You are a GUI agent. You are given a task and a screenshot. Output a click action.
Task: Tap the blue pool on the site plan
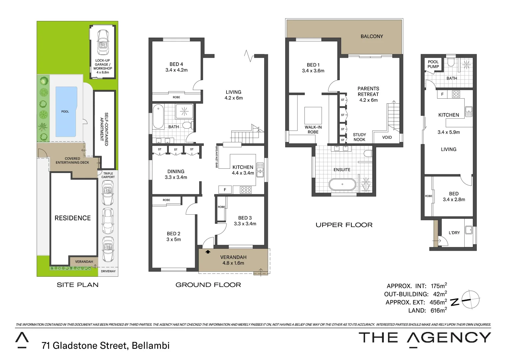(66, 112)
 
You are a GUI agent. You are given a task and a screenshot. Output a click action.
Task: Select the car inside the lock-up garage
(103, 42)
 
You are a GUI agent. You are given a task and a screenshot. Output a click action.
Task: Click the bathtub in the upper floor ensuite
(342, 184)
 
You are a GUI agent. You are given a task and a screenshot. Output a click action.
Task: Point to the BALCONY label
(372, 36)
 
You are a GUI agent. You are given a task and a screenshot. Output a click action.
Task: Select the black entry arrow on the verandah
(208, 252)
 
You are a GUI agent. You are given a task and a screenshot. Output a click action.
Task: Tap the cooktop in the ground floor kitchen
(246, 190)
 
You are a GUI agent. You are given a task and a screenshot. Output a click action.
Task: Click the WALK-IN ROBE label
(313, 129)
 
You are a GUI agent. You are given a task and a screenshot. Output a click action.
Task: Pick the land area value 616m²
(438, 310)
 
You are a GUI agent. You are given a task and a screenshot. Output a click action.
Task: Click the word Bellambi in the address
(151, 346)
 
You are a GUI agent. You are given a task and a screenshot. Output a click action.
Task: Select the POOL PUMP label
(433, 64)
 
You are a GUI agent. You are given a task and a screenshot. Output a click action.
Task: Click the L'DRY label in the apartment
(454, 233)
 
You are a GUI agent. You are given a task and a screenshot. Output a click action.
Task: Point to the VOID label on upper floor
(387, 137)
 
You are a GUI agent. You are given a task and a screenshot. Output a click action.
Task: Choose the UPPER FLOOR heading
(344, 225)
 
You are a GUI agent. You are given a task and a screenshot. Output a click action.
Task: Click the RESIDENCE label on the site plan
(73, 218)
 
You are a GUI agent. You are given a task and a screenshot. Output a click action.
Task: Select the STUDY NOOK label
(359, 137)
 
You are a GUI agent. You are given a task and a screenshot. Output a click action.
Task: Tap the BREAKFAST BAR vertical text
(217, 157)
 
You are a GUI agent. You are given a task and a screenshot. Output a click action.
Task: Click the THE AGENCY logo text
(425, 338)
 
